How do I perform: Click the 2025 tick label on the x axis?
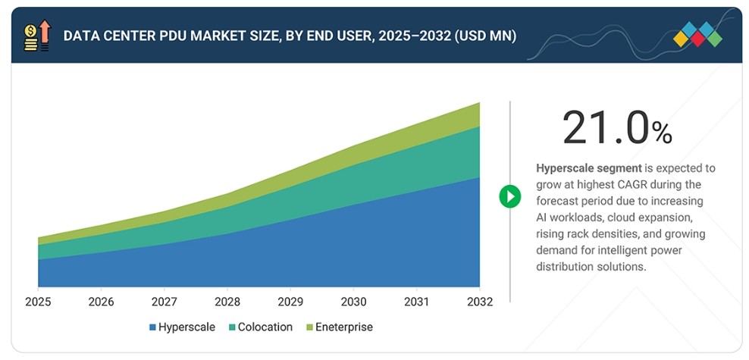[38, 302]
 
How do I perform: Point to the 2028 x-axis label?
[227, 302]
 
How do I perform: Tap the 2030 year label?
[353, 302]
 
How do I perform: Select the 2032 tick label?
[480, 302]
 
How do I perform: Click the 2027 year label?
[164, 302]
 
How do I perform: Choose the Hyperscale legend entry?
[182, 327]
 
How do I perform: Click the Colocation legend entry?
[260, 327]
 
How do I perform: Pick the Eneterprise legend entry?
[339, 327]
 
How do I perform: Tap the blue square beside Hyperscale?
[152, 327]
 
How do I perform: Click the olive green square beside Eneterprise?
[309, 327]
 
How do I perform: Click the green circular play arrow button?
[509, 196]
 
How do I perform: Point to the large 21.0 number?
[606, 127]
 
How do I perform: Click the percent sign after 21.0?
[662, 133]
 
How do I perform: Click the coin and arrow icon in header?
[37, 36]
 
